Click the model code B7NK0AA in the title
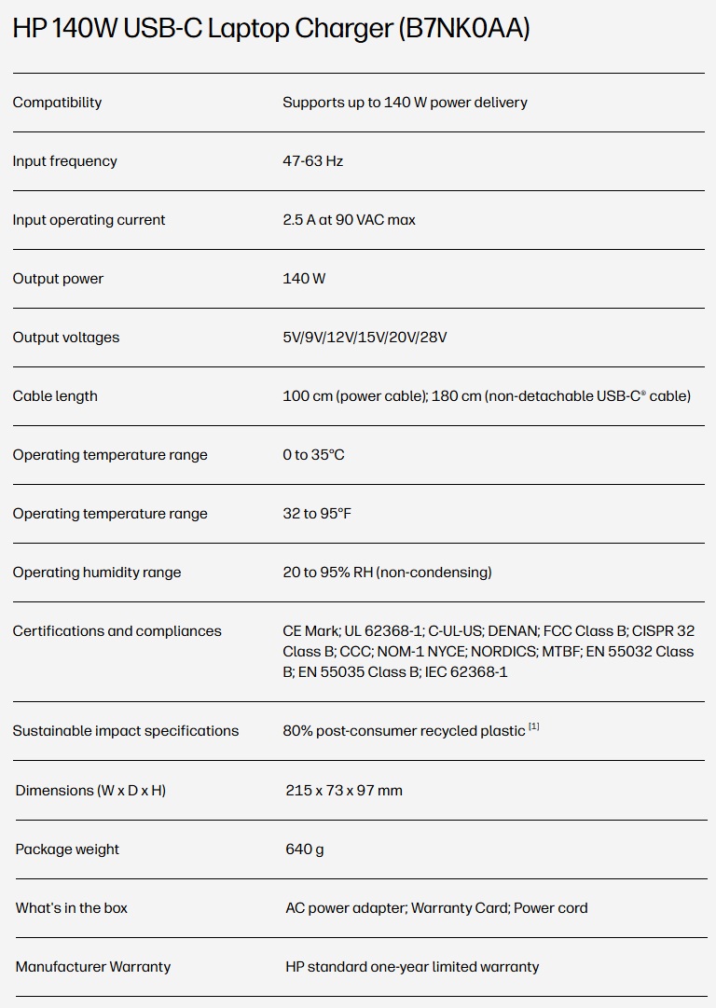point(463,30)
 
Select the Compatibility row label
point(57,103)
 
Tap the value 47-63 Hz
point(312,161)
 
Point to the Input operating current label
point(89,220)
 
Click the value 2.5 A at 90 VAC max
point(349,220)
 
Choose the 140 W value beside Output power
point(304,279)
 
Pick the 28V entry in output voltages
point(433,338)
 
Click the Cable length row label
point(55,396)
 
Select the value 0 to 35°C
point(313,455)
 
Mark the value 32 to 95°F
point(317,514)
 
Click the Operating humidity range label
point(97,573)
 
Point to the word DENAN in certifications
point(513,631)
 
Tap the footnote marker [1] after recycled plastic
point(534,726)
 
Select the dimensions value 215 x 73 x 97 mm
point(344,791)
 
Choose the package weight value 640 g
point(305,849)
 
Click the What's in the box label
point(72,908)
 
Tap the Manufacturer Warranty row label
point(93,967)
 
